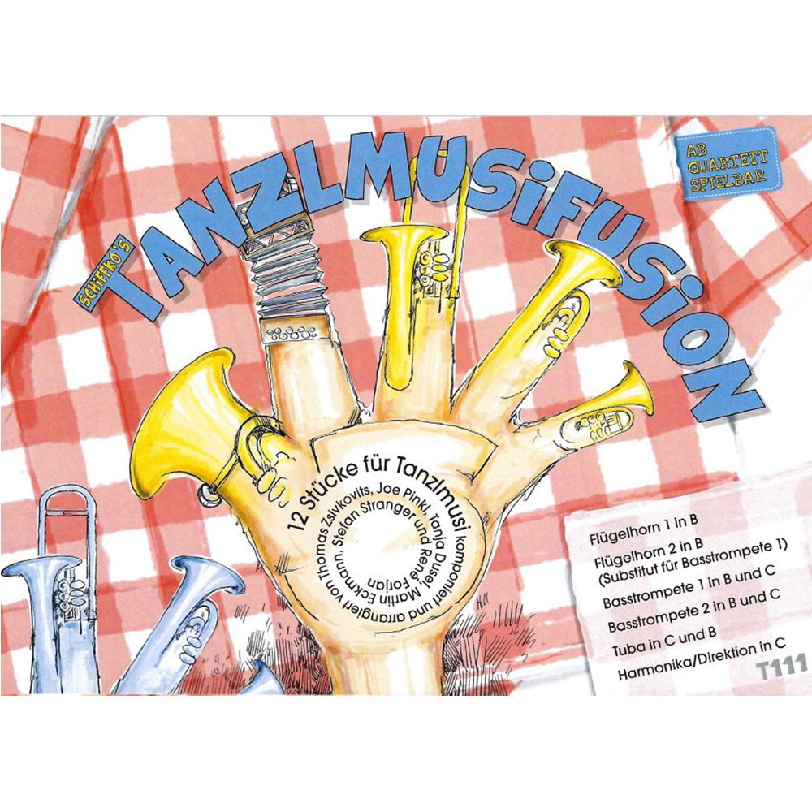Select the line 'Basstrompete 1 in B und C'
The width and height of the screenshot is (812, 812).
pos(689,590)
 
